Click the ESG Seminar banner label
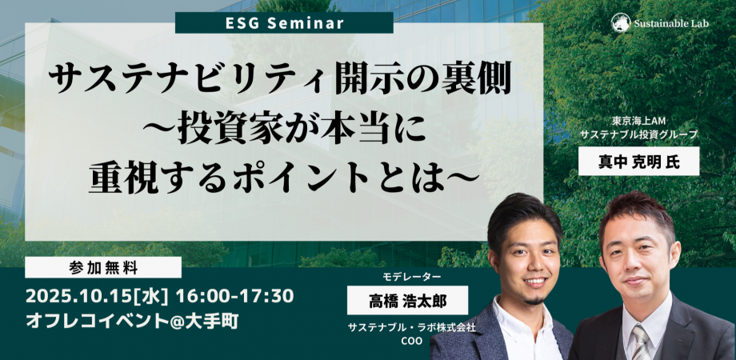pos(284,23)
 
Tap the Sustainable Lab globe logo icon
pos(621,23)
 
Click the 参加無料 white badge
pos(103,267)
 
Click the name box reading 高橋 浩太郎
pos(407,300)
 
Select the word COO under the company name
pos(411,341)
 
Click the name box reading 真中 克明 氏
pos(639,161)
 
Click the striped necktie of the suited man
pos(639,342)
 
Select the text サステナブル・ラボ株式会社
pos(412,328)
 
